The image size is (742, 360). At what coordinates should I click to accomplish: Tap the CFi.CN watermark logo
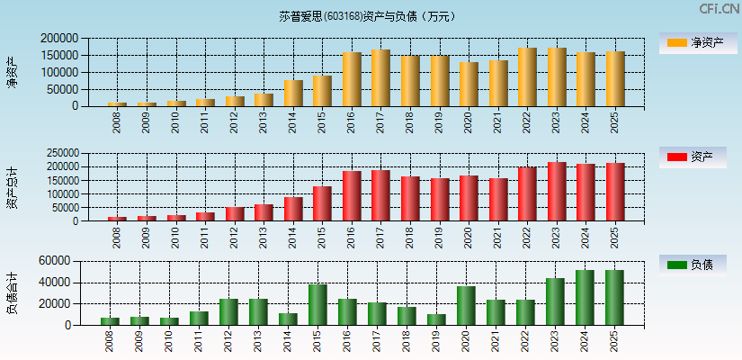[719, 8]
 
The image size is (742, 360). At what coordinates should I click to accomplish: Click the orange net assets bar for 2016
[352, 79]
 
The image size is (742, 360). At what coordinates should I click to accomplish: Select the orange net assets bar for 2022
[527, 77]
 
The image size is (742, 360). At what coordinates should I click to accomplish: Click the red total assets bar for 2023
[557, 192]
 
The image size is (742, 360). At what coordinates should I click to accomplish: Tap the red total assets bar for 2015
[322, 203]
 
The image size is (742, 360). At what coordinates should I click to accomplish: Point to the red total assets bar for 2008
[117, 219]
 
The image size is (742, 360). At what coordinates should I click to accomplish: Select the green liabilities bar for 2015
[317, 305]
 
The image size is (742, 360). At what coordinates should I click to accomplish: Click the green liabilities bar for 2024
[585, 298]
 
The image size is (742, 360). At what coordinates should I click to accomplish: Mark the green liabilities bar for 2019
[436, 319]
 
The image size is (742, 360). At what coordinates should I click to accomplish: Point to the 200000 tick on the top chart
[60, 39]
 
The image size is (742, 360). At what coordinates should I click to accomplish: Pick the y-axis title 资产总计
[12, 187]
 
